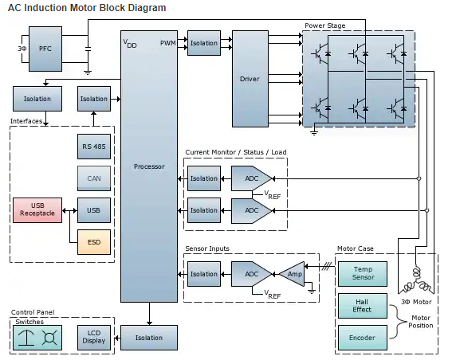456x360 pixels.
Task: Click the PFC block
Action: tap(45, 49)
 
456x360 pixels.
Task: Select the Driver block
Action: tap(250, 79)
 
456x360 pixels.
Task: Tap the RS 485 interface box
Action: tap(94, 147)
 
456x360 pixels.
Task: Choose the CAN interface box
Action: tap(94, 178)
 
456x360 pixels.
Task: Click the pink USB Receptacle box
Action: tap(37, 210)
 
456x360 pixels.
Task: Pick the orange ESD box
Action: tap(94, 242)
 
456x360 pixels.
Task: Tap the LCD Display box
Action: tap(94, 338)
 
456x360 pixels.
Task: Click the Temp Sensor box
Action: tap(363, 274)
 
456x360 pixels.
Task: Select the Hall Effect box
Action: tap(363, 306)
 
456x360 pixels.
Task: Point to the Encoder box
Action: tap(363, 338)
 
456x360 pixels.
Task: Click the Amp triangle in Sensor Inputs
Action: tap(293, 274)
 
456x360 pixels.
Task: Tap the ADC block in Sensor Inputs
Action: tap(251, 274)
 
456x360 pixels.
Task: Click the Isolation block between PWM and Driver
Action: tap(204, 43)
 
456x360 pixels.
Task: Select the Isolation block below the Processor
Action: tap(149, 338)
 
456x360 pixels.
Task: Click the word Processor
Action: tap(149, 166)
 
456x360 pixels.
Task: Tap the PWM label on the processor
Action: tap(168, 43)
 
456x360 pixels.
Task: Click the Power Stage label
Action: tap(325, 25)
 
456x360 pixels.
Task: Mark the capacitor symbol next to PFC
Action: tap(88, 49)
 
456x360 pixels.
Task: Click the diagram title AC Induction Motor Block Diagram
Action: tap(87, 8)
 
